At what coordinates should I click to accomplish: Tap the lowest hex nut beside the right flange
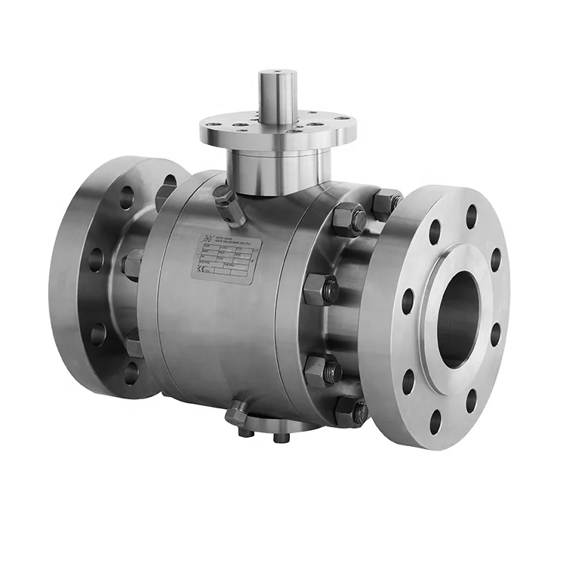click(353, 412)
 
